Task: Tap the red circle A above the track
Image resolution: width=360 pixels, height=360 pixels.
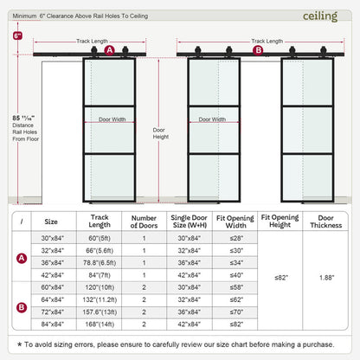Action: (x=110, y=50)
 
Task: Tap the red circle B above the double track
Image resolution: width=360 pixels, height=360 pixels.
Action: (x=258, y=50)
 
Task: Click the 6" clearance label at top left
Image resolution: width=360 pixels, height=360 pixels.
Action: (x=17, y=36)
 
